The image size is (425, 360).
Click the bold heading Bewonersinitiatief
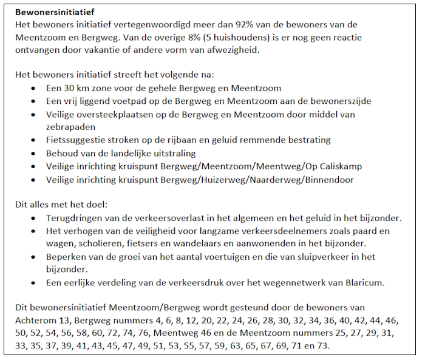pyautogui.click(x=54, y=12)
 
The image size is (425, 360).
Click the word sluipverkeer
pyautogui.click(x=329, y=257)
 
